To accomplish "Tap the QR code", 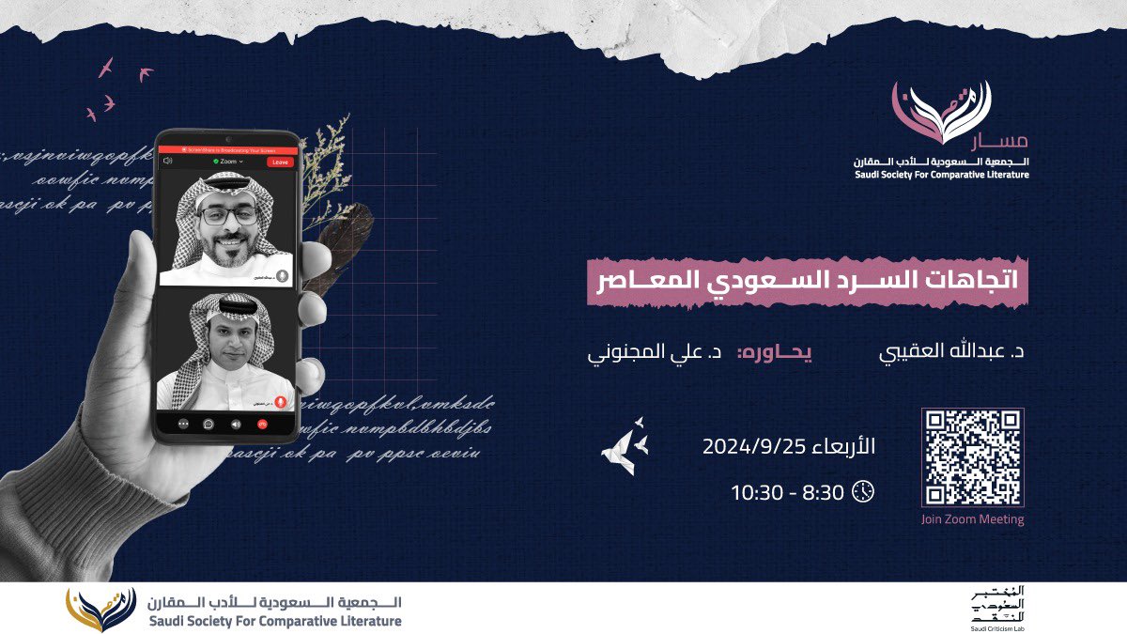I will (x=972, y=457).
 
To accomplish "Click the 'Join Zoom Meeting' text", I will (x=972, y=519).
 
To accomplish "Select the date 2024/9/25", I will (x=789, y=447).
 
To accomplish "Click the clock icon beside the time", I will (x=863, y=490).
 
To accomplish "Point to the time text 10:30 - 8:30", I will (x=787, y=491).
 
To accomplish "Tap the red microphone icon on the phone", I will (x=280, y=400).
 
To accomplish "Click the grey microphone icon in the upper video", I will (x=281, y=276).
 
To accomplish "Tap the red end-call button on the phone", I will (x=262, y=424).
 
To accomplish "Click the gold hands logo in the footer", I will (x=101, y=610).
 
